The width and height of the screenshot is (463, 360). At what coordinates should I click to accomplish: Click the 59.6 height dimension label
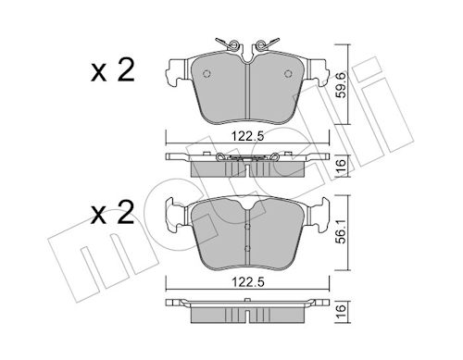coord(341,85)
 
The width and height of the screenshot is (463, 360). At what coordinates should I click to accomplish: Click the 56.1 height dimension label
coord(341,232)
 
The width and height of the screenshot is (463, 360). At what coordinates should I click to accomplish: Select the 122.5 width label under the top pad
coord(248,136)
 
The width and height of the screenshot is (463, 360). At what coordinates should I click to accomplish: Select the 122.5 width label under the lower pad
coord(248,282)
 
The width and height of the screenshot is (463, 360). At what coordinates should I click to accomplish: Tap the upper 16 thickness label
coord(341,167)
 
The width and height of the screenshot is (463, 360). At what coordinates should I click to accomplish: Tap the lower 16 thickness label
coord(341,312)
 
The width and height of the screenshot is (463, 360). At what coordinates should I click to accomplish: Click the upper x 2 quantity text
coord(113,70)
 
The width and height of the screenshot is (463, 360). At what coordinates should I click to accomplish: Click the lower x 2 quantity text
coord(113,212)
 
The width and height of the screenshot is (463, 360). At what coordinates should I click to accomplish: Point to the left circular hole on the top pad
coord(206,73)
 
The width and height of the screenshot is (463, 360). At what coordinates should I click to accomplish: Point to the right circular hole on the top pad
coord(288,73)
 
